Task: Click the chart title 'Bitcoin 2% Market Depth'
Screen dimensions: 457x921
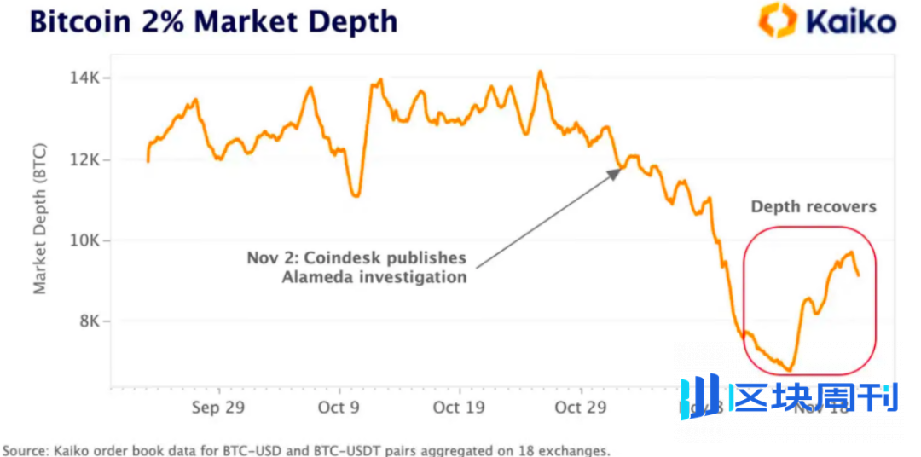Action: pyautogui.click(x=213, y=21)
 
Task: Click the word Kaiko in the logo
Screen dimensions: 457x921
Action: pyautogui.click(x=851, y=21)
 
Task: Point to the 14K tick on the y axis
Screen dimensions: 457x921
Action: pyautogui.click(x=84, y=78)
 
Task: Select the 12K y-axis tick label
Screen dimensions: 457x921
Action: pyautogui.click(x=84, y=159)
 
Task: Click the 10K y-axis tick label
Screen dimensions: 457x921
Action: pyautogui.click(x=84, y=240)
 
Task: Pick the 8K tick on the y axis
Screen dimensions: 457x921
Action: pyautogui.click(x=89, y=321)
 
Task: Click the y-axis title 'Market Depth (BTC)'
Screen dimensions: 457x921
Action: pyautogui.click(x=40, y=220)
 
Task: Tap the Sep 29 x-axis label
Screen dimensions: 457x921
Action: pyautogui.click(x=218, y=408)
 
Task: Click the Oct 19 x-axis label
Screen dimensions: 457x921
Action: pyautogui.click(x=459, y=408)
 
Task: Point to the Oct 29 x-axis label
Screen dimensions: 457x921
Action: pyautogui.click(x=580, y=408)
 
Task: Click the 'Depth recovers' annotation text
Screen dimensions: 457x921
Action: pyautogui.click(x=813, y=207)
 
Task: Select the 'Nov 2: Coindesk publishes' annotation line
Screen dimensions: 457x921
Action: pyautogui.click(x=356, y=257)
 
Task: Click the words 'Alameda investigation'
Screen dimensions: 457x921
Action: pyautogui.click(x=375, y=277)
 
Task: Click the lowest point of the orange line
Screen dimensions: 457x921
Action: pyautogui.click(x=789, y=370)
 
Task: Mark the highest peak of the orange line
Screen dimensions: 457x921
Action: pyautogui.click(x=540, y=72)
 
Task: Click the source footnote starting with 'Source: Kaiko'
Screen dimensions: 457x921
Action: pyautogui.click(x=307, y=449)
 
